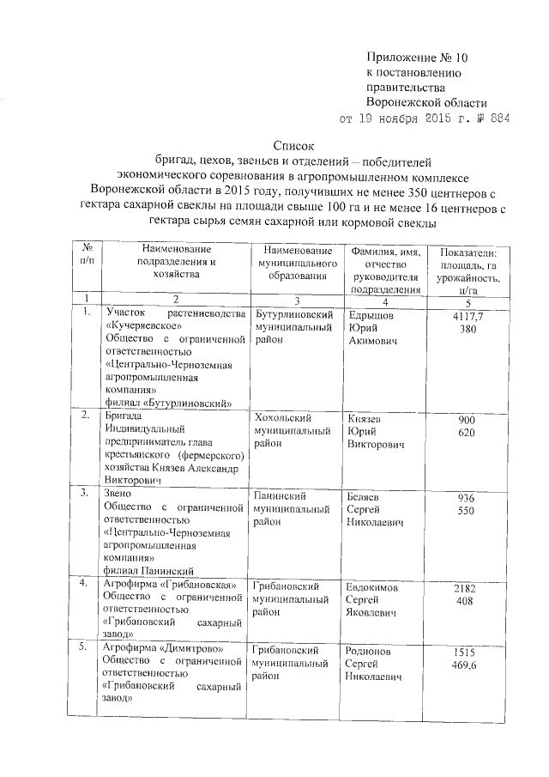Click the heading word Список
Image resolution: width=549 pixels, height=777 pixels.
click(294, 146)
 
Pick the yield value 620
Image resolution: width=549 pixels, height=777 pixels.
click(468, 433)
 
